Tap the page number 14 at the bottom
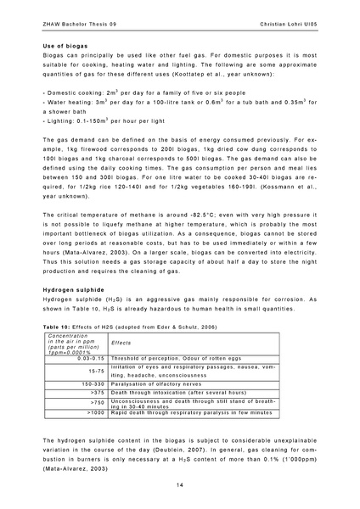tap(180, 484)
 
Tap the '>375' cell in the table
tap(96, 393)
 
